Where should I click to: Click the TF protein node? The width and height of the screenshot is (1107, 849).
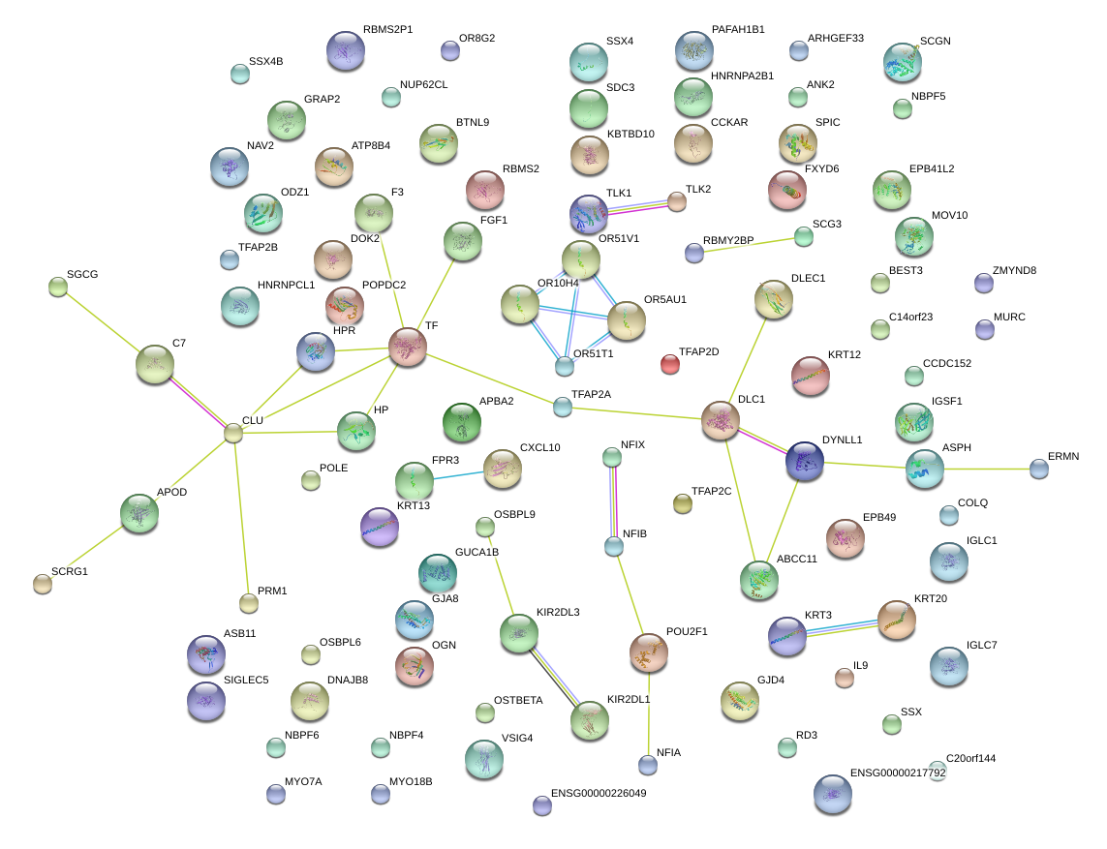tap(408, 347)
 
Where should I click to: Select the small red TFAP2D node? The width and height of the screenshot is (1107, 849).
tap(669, 364)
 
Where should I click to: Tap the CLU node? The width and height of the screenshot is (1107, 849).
tap(233, 433)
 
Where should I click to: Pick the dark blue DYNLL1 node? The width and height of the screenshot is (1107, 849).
tap(804, 462)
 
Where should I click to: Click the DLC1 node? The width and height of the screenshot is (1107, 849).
tap(721, 421)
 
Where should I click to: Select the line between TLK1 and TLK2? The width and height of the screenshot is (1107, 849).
tap(634, 207)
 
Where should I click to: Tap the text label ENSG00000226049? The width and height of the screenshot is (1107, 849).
tap(598, 793)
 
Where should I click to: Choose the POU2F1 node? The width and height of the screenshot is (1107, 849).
tap(648, 652)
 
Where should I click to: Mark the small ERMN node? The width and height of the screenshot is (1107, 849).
tap(1039, 469)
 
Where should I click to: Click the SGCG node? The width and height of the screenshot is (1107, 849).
tap(57, 286)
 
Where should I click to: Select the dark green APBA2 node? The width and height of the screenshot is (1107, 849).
tap(461, 422)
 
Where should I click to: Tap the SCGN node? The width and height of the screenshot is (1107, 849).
tap(903, 62)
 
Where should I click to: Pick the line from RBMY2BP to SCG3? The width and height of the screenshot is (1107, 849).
tap(749, 244)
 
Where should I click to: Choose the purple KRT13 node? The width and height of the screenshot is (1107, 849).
tap(379, 527)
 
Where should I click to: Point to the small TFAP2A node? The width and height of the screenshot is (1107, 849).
tap(563, 407)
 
